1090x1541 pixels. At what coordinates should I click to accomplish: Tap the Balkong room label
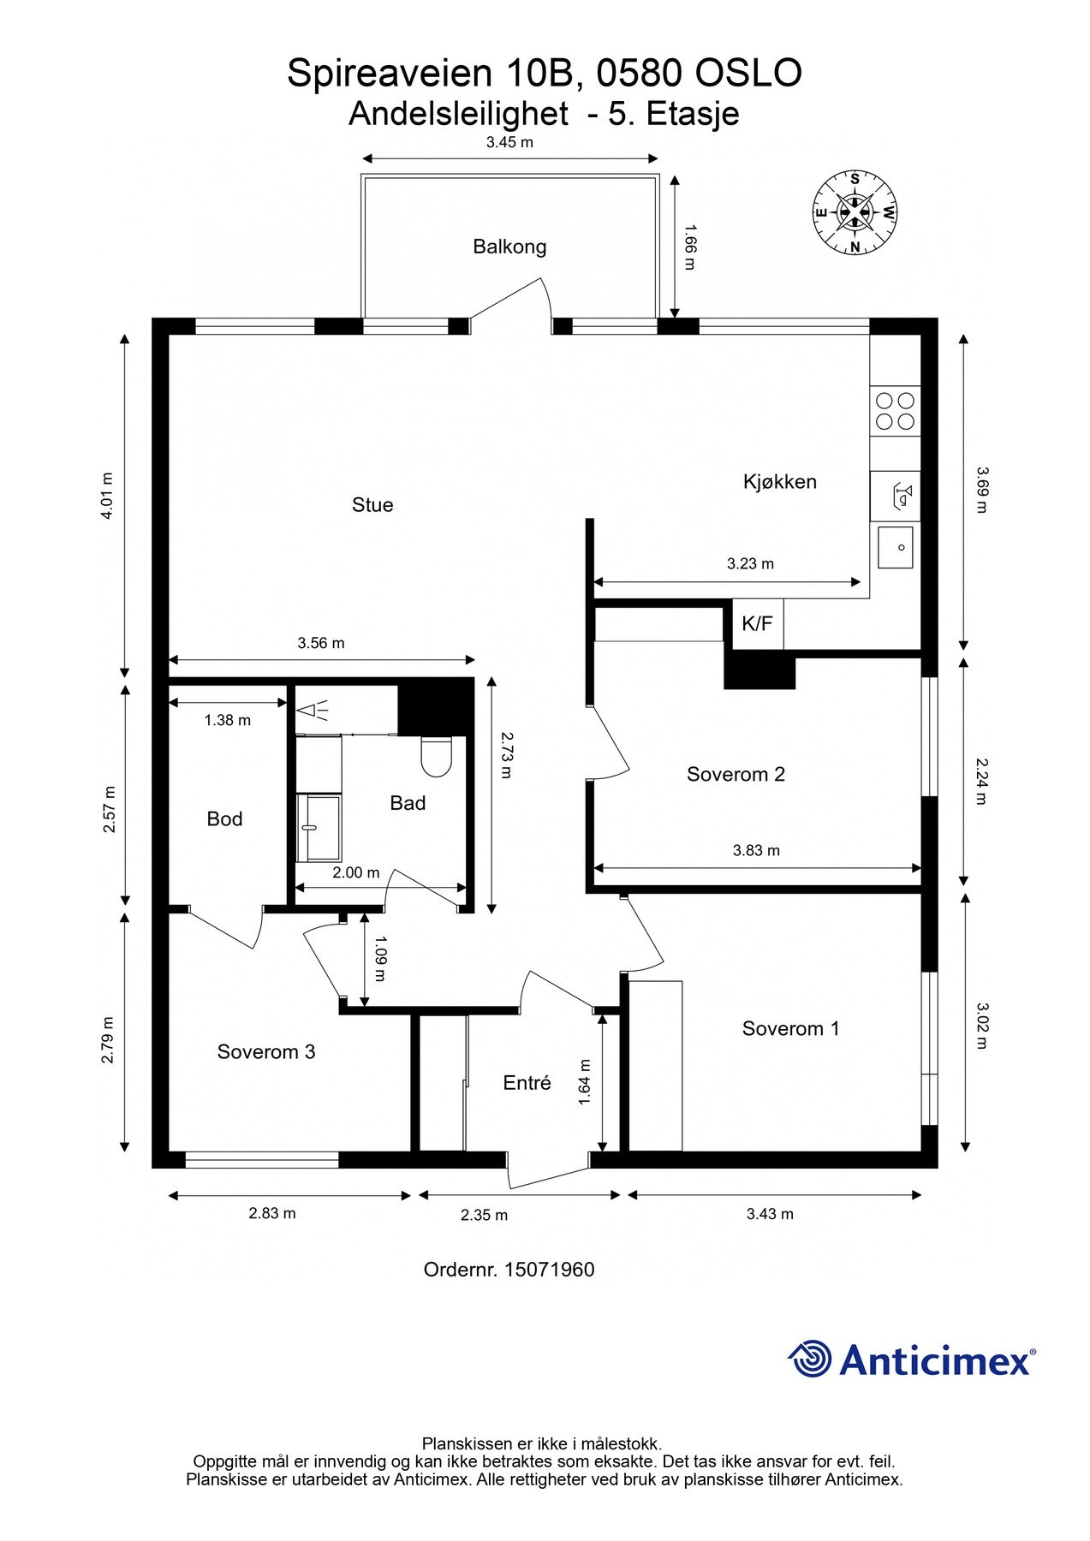509,247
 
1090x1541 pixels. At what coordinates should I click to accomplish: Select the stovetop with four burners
896,411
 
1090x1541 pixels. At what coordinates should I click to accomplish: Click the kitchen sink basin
896,547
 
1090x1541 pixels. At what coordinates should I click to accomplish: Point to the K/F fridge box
757,623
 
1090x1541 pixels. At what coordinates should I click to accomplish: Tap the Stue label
372,505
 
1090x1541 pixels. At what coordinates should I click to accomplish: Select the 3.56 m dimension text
321,643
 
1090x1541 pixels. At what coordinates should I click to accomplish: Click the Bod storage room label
224,819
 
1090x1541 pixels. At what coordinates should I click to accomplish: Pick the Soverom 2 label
736,775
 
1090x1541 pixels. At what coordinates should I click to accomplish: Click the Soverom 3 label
266,1052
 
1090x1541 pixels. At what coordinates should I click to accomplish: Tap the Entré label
527,1083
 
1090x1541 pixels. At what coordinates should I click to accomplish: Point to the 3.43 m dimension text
770,1214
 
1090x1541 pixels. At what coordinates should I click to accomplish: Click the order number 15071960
550,1270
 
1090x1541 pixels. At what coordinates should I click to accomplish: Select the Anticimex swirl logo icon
810,1359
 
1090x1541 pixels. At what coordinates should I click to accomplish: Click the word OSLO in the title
748,74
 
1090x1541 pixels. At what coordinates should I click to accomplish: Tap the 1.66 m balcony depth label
689,247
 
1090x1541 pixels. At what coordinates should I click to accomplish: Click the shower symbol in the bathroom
313,710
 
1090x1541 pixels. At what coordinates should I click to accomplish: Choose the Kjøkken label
780,482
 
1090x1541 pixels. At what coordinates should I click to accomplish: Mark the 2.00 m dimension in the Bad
356,873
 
